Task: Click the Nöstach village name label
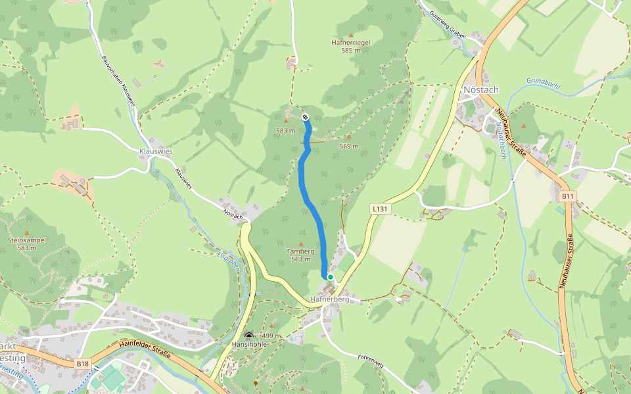(x=481, y=89)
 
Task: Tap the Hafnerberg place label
(x=329, y=299)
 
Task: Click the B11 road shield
(x=568, y=196)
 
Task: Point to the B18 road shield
(x=82, y=363)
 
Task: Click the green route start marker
(x=330, y=278)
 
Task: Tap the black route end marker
(x=306, y=117)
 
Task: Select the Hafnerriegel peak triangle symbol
(x=350, y=35)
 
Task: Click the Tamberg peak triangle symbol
(x=301, y=244)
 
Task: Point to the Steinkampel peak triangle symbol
(x=27, y=232)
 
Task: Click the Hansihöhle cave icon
(x=248, y=335)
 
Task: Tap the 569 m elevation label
(x=349, y=146)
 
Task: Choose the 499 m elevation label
(x=271, y=336)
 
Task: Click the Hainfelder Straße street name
(x=145, y=348)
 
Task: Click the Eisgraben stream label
(x=227, y=262)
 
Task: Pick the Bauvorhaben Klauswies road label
(x=118, y=80)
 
